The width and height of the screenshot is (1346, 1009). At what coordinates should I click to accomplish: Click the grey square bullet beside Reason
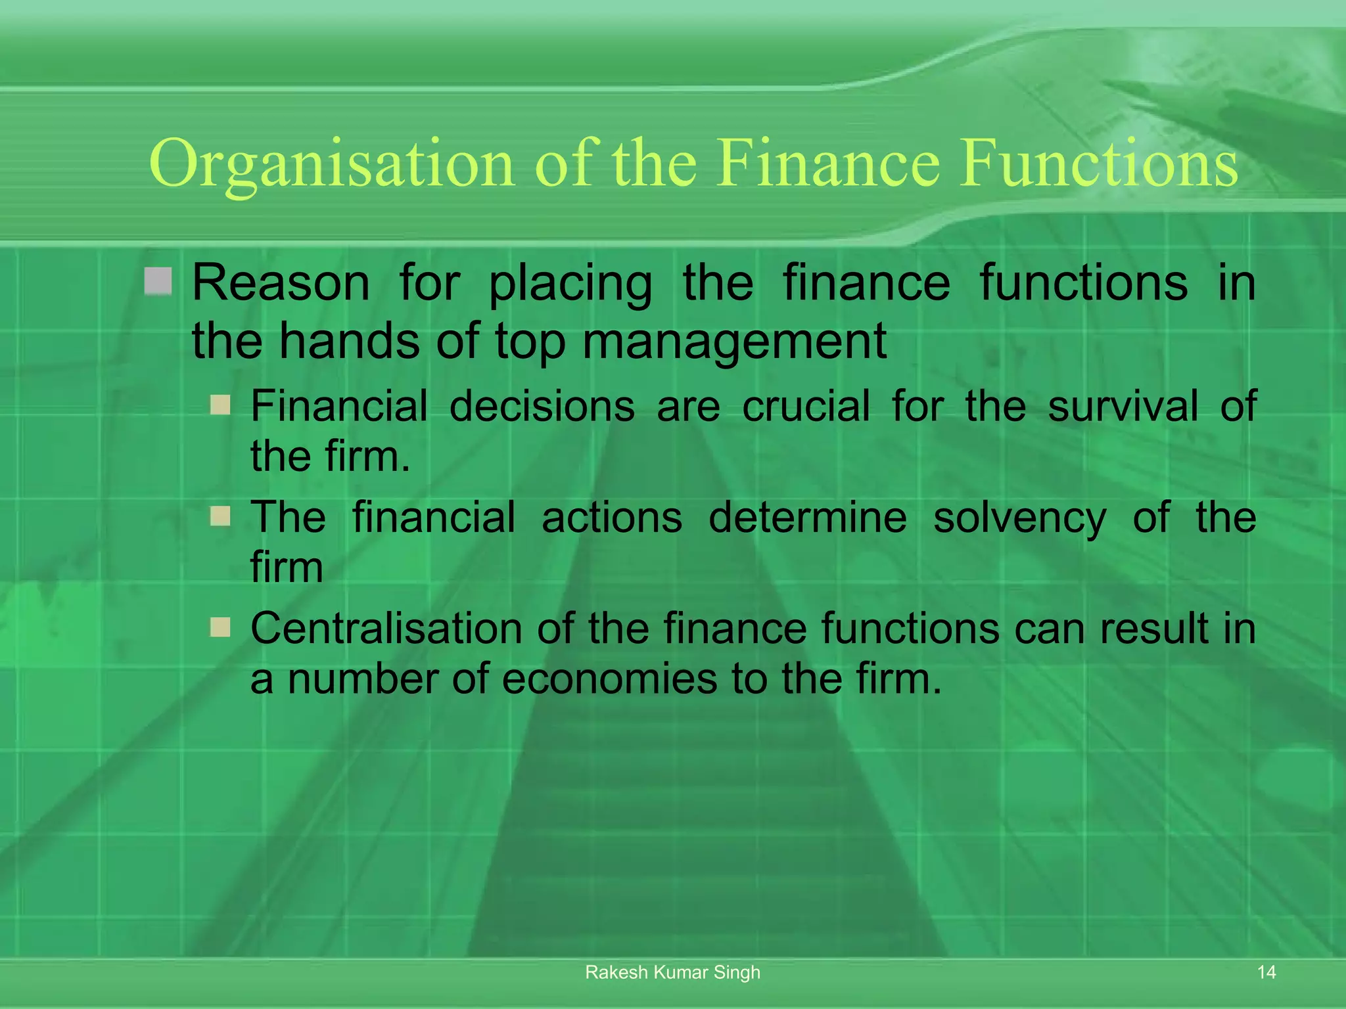click(158, 281)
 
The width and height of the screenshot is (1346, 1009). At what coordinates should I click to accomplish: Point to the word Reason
click(281, 283)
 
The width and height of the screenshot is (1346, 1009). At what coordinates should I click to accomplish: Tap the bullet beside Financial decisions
click(220, 404)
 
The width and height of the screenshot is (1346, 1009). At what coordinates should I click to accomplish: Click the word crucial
click(806, 405)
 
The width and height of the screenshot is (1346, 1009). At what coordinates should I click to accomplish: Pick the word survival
click(1123, 405)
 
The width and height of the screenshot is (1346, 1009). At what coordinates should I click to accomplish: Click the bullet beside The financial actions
click(220, 516)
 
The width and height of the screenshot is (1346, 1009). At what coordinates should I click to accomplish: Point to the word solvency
click(1019, 518)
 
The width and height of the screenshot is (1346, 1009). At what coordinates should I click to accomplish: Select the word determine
click(808, 517)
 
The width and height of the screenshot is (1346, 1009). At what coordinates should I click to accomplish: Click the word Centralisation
click(387, 628)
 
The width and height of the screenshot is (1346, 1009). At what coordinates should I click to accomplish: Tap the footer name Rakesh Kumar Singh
click(672, 972)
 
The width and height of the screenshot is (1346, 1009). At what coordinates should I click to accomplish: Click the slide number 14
click(1266, 972)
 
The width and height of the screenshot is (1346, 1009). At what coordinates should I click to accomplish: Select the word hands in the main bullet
click(349, 342)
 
